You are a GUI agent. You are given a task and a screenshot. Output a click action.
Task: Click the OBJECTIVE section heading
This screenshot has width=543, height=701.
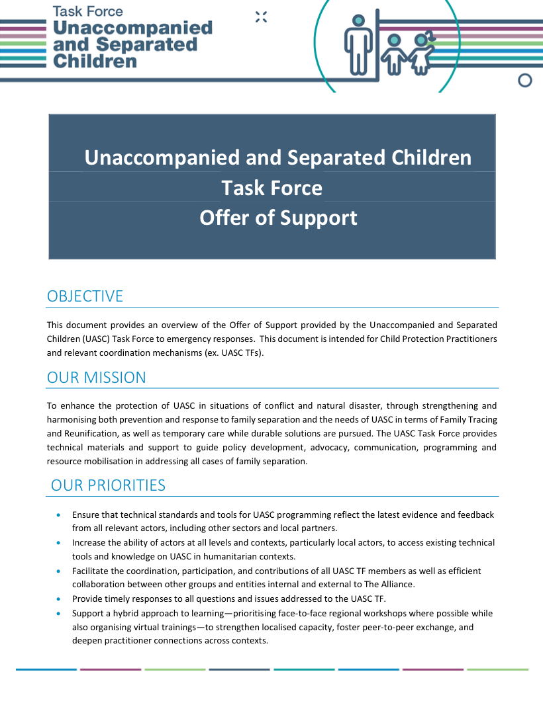[x=85, y=296]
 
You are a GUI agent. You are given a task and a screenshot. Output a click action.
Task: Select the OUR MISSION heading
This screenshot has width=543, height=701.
[x=96, y=378]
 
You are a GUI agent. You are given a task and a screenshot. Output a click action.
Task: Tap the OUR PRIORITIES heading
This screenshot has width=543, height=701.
[x=108, y=485]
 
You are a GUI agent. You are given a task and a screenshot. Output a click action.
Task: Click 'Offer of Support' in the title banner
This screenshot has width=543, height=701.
[x=278, y=218]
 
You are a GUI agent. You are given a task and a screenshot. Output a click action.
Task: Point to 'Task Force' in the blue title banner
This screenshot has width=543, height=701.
[x=271, y=188]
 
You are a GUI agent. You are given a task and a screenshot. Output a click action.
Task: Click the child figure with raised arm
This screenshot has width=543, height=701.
[x=421, y=53]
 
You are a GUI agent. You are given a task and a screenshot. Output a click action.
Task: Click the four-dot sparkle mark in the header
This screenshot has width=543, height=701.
[x=261, y=17]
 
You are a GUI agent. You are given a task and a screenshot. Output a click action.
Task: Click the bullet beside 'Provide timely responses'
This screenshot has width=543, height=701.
[x=61, y=599]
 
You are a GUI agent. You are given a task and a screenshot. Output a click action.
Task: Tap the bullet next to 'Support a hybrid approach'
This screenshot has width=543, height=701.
[x=61, y=614]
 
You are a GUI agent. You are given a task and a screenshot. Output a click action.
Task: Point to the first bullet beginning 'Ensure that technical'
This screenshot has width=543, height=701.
[x=61, y=515]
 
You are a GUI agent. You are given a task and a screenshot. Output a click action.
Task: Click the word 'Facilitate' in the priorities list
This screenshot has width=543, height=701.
[x=91, y=571]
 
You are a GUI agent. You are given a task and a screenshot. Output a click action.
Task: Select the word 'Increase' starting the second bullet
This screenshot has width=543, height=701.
[x=89, y=542]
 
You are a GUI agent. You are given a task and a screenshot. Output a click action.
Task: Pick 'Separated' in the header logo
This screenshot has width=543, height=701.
[x=147, y=45]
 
